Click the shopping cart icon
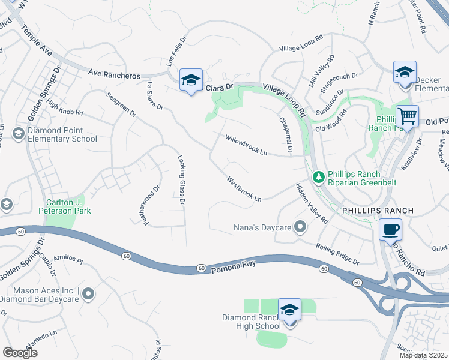(x=407, y=116)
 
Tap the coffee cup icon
(x=391, y=229)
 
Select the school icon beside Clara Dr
(x=191, y=80)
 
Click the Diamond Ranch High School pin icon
(x=289, y=311)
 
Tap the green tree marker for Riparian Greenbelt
(x=319, y=176)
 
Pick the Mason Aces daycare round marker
(x=89, y=294)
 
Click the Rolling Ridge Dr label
(x=337, y=254)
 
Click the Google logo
(x=20, y=352)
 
